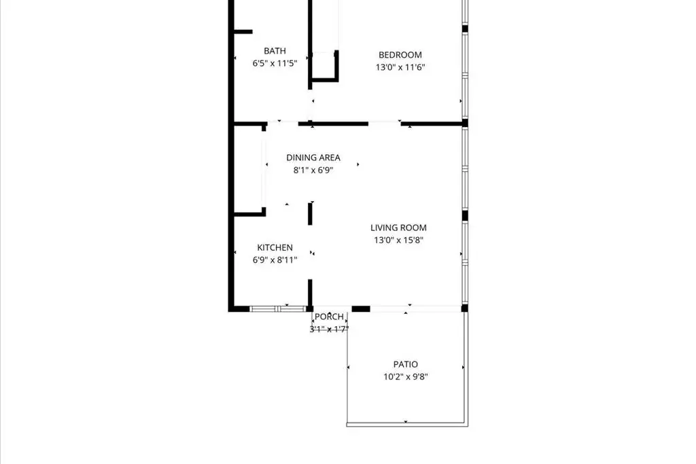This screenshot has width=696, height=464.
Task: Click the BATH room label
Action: [x=275, y=51]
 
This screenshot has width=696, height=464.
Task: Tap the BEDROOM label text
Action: [x=400, y=55]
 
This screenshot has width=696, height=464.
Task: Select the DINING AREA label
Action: [x=313, y=158]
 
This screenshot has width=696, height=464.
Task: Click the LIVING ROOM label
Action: [x=398, y=228]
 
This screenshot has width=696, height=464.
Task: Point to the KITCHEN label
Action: [x=275, y=247]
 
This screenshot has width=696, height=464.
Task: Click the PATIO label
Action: [x=405, y=364]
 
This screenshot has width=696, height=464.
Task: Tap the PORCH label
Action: [x=329, y=317]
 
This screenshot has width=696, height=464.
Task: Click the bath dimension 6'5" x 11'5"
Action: [x=275, y=63]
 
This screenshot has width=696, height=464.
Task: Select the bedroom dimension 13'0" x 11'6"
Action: [x=400, y=67]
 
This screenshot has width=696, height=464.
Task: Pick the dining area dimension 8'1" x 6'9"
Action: [x=313, y=170]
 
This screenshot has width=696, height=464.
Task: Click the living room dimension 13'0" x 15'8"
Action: [x=398, y=240]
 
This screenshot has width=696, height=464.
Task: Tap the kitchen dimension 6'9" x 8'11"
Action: [x=275, y=260]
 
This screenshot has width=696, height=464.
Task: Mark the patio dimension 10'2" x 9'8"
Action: [x=405, y=376]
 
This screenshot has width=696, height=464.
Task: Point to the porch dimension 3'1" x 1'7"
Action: [x=329, y=329]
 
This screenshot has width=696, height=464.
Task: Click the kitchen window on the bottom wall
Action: [x=278, y=308]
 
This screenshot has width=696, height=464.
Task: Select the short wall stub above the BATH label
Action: [x=243, y=32]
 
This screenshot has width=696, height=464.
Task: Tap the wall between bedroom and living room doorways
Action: [x=333, y=124]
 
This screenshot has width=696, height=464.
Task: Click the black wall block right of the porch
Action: [x=361, y=308]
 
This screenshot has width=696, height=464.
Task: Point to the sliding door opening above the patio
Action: [x=415, y=308]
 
